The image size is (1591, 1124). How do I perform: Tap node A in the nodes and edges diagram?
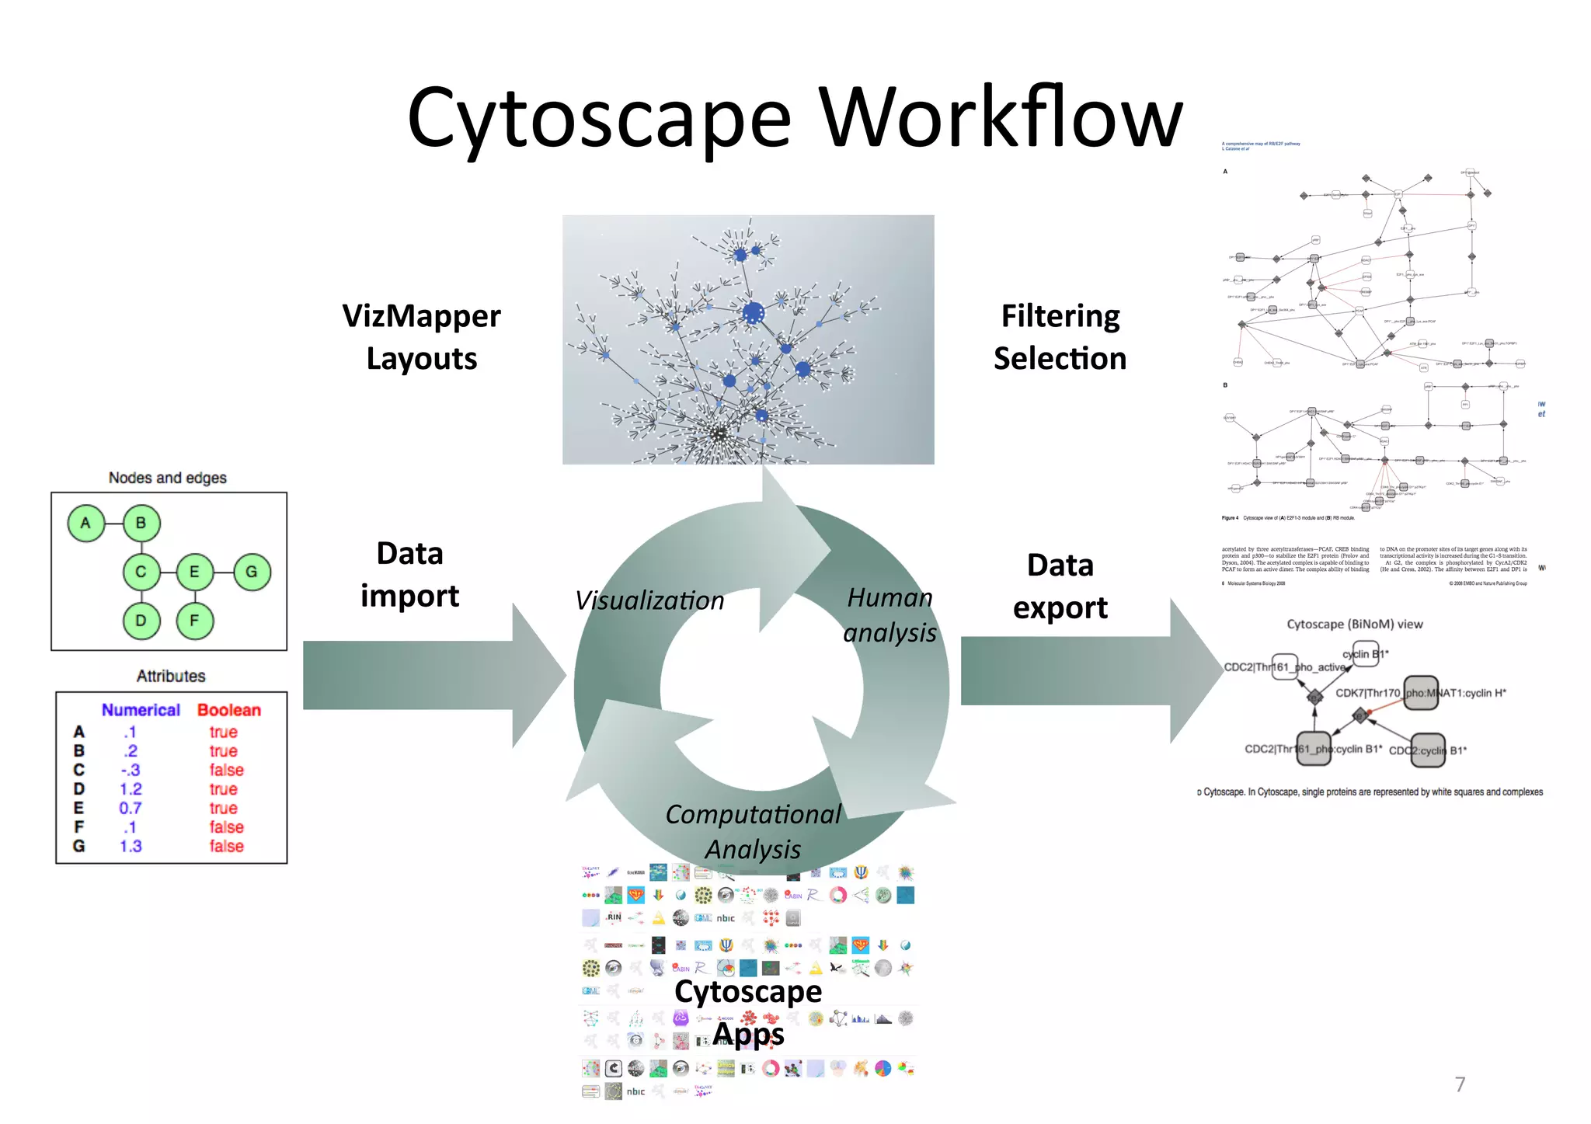coord(85,523)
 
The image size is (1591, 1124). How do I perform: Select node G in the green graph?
coord(252,572)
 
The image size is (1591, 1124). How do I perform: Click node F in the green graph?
coord(194,621)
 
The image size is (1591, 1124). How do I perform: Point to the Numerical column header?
coord(141,710)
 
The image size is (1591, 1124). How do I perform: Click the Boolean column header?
coord(229,710)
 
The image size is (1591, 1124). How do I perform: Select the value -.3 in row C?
coord(131,770)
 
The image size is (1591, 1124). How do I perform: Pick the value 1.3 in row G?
coord(131,846)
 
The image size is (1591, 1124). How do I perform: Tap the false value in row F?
coord(226,827)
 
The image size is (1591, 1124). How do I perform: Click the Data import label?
coord(409,575)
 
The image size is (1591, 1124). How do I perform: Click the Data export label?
coord(1060,586)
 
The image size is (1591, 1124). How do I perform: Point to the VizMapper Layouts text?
coord(422,337)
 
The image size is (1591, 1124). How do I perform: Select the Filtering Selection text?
coord(1060,337)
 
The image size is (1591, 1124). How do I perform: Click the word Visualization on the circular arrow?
coord(649,600)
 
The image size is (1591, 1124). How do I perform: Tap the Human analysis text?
coord(890,615)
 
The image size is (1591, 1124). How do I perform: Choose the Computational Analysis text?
coord(753,831)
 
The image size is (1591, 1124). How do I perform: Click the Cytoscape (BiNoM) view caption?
coord(1354,624)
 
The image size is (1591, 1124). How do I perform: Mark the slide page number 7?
coord(1460,1084)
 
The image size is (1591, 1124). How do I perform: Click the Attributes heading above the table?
coord(171,676)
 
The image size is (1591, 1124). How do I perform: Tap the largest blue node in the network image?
coord(753,314)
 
